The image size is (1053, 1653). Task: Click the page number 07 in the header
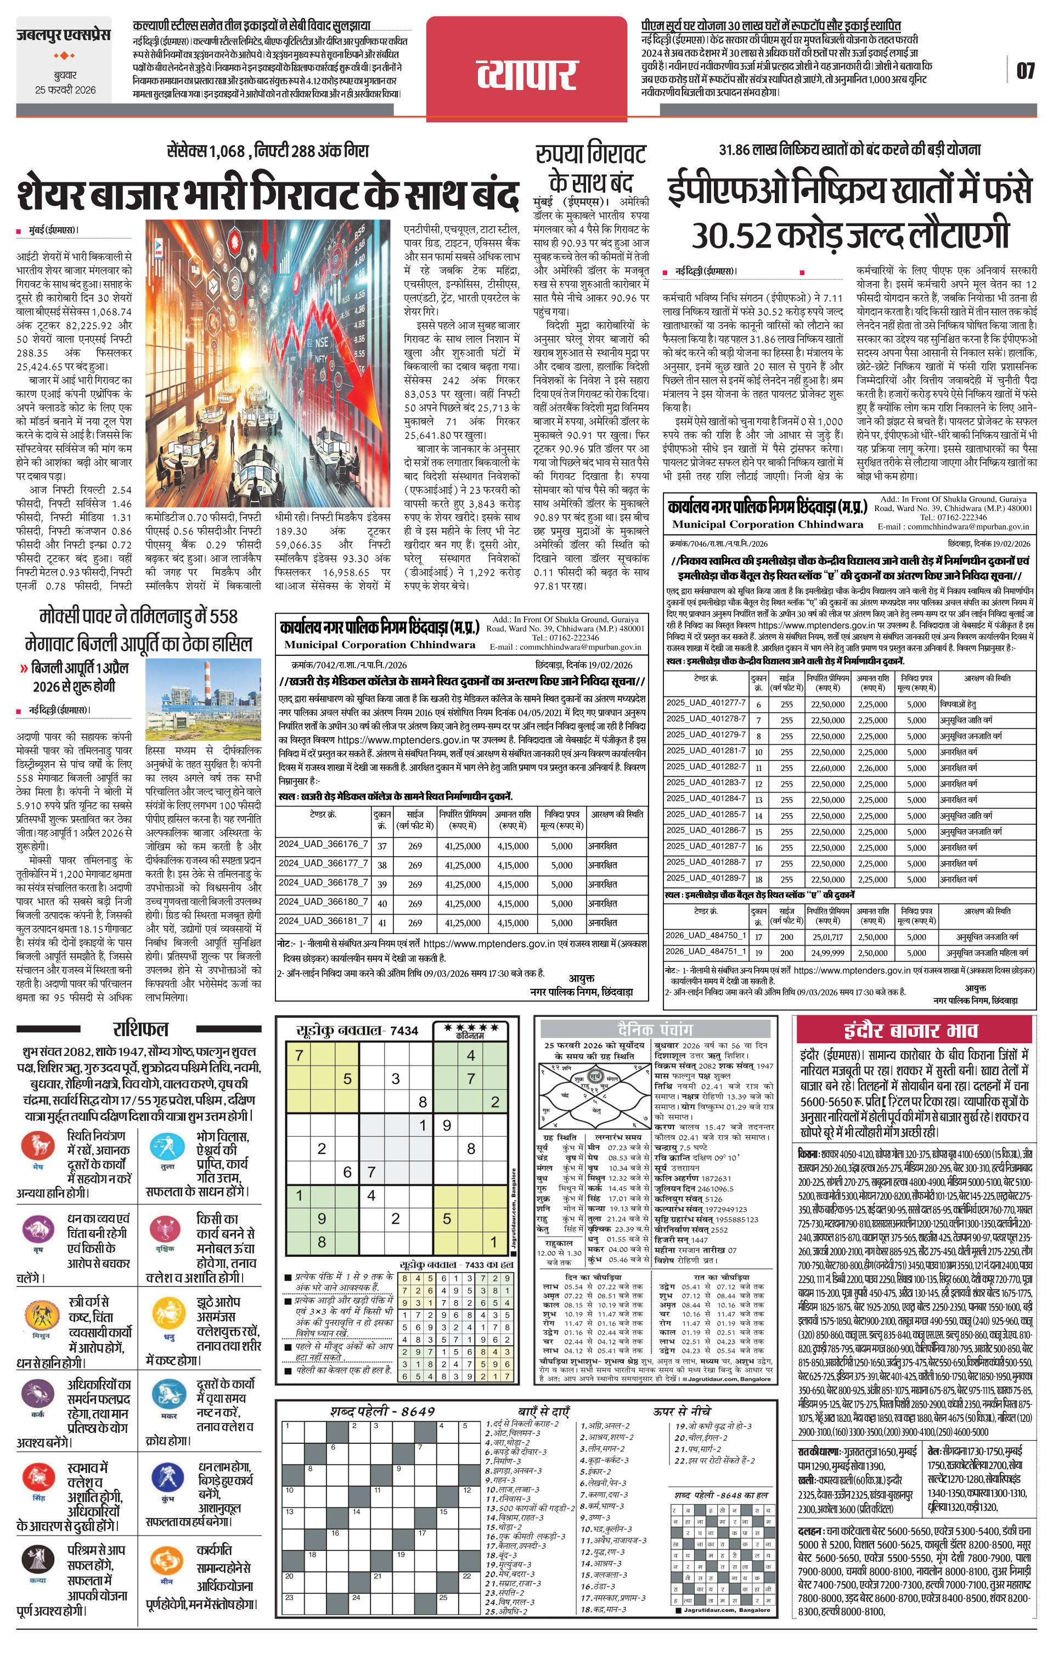(x=1025, y=71)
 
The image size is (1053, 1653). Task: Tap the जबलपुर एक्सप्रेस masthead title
(x=63, y=35)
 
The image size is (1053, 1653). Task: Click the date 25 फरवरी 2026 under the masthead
(x=66, y=90)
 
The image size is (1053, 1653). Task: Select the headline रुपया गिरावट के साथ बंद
(x=591, y=168)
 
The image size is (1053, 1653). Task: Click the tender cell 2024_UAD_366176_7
(x=323, y=845)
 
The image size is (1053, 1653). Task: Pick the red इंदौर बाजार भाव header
(x=915, y=1030)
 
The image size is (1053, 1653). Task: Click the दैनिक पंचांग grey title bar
(x=656, y=1029)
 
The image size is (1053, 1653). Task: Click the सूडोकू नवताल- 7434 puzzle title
(x=357, y=1030)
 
